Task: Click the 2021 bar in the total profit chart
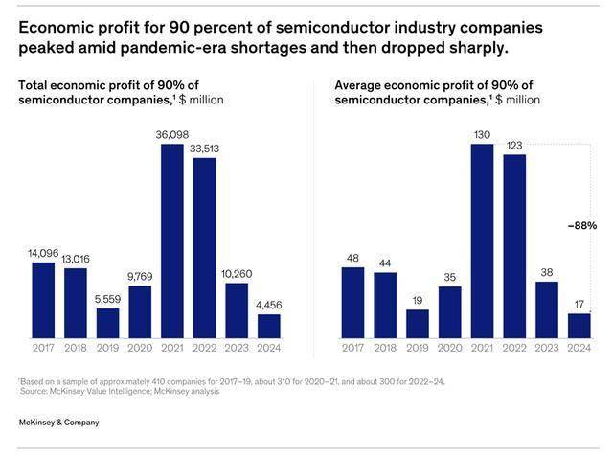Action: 172,240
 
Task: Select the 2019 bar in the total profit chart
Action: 107,322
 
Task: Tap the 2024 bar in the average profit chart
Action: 579,325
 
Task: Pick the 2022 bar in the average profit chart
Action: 514,245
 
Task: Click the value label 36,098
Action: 172,134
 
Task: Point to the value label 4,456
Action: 269,306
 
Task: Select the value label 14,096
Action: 43,253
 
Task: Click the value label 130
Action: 482,134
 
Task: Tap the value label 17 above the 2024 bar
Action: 579,305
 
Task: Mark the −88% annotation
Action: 581,226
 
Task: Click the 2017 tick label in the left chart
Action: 43,349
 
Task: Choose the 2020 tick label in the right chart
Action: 449,349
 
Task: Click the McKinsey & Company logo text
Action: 58,423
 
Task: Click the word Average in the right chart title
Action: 358,85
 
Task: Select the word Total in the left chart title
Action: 34,85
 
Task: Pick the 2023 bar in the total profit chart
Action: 237,309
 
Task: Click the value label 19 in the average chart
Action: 418,301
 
